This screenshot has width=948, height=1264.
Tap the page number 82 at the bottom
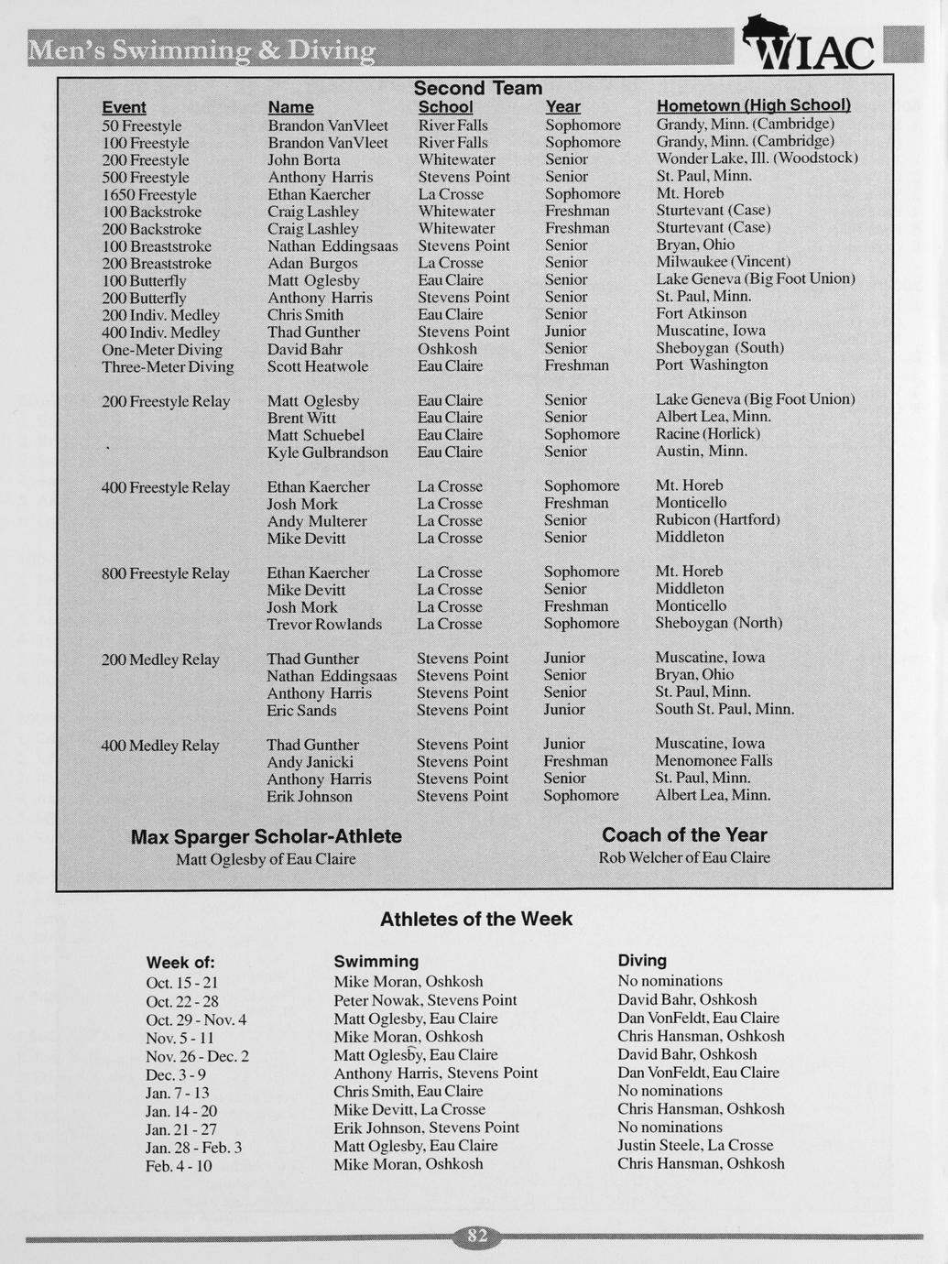[x=477, y=1237]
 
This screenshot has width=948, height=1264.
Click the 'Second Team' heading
[x=477, y=88]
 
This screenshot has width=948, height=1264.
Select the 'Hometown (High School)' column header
[x=753, y=105]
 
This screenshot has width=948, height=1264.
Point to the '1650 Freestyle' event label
[x=149, y=194]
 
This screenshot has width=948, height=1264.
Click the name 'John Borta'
[x=303, y=159]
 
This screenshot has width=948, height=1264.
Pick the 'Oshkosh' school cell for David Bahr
[x=447, y=349]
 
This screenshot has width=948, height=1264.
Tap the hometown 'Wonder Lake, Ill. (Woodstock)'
[x=757, y=158]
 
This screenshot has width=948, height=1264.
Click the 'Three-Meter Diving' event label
[x=168, y=366]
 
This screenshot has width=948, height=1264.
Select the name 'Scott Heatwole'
[x=318, y=366]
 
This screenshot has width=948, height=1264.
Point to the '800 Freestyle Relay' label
[x=165, y=573]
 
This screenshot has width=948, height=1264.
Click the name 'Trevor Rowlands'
[x=324, y=625]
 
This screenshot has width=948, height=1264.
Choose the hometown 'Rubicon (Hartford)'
[x=717, y=520]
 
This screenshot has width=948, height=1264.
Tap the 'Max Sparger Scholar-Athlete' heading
[x=266, y=836]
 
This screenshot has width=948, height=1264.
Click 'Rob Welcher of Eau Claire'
[x=684, y=857]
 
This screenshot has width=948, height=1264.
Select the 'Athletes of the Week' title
[x=475, y=919]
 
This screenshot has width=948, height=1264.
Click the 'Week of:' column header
[x=180, y=963]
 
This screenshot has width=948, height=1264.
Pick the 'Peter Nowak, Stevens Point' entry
[x=425, y=1000]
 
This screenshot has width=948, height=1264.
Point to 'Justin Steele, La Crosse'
[x=695, y=1146]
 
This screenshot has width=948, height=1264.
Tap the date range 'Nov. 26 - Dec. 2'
[x=197, y=1056]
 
